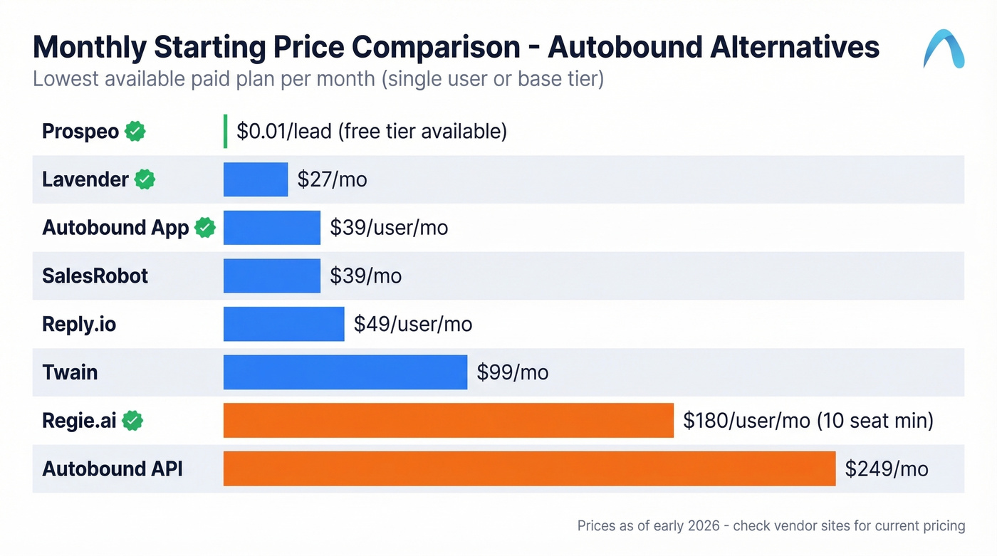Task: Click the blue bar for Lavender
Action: (256, 179)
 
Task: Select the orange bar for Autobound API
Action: (529, 468)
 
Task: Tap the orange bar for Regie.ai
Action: (448, 420)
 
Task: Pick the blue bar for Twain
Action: (345, 372)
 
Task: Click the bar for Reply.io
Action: (283, 324)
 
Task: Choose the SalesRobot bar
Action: (272, 276)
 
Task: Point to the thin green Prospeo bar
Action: (226, 131)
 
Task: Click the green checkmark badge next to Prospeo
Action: (135, 131)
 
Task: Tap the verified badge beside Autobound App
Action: (205, 228)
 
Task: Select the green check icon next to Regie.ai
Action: (132, 421)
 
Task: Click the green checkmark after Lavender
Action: (145, 179)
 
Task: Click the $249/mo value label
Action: (887, 468)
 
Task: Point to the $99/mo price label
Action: (513, 372)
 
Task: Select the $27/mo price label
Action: (332, 179)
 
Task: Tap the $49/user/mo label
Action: (413, 324)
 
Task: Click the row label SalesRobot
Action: (95, 276)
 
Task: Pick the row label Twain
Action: (70, 372)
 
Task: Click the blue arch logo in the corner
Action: (944, 48)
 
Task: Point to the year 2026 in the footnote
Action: (704, 526)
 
